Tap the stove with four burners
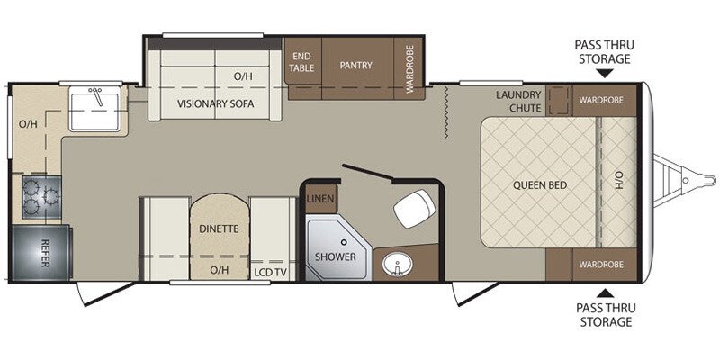point(40,193)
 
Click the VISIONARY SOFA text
point(215,103)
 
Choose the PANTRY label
point(355,65)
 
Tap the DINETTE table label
point(219,229)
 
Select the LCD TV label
point(267,270)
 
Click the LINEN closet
point(316,198)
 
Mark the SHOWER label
point(335,256)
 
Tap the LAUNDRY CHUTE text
point(518,101)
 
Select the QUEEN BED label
point(539,184)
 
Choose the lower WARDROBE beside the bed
point(602,265)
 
